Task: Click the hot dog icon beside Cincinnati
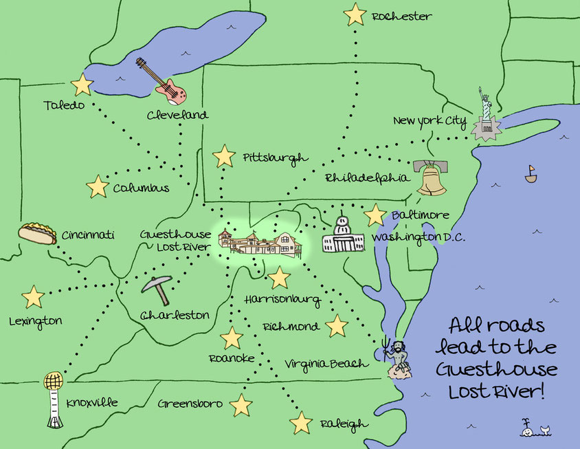[x=37, y=234]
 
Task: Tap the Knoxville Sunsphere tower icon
[x=54, y=399]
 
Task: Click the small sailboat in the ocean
[x=531, y=174]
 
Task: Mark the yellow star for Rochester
[x=355, y=14]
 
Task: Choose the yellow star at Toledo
[x=82, y=85]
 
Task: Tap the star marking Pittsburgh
[x=224, y=157]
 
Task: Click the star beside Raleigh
[x=301, y=422]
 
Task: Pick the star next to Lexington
[x=32, y=297]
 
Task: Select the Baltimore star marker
[x=375, y=215]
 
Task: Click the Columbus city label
[x=141, y=188]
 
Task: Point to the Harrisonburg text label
[x=282, y=300]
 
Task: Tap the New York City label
[x=430, y=122]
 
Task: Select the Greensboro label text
[x=190, y=404]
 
